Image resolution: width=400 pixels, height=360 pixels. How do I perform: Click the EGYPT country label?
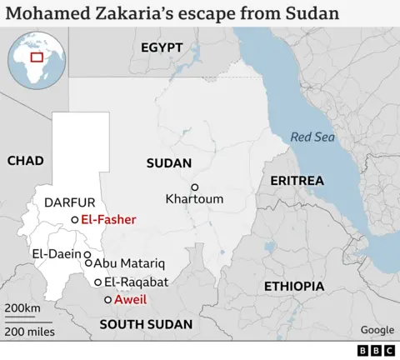point(162,47)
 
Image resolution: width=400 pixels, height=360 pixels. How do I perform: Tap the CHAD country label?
point(25,160)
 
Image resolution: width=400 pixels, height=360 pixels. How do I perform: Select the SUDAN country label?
point(169,163)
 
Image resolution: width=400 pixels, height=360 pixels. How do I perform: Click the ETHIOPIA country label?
point(294,286)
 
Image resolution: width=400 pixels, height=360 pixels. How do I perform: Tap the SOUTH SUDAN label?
point(146,324)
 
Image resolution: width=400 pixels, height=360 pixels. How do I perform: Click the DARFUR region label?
point(70,202)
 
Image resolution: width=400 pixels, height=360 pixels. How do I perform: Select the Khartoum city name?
point(195,199)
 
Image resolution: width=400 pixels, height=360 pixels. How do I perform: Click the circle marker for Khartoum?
point(195,187)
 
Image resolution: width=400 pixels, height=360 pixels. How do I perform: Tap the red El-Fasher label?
point(108,219)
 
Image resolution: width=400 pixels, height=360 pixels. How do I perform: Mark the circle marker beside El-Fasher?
point(75,219)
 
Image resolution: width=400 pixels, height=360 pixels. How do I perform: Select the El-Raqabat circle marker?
point(98,282)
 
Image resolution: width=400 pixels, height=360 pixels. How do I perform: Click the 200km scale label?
point(22,309)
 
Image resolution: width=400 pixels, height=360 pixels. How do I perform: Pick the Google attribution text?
point(377,330)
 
